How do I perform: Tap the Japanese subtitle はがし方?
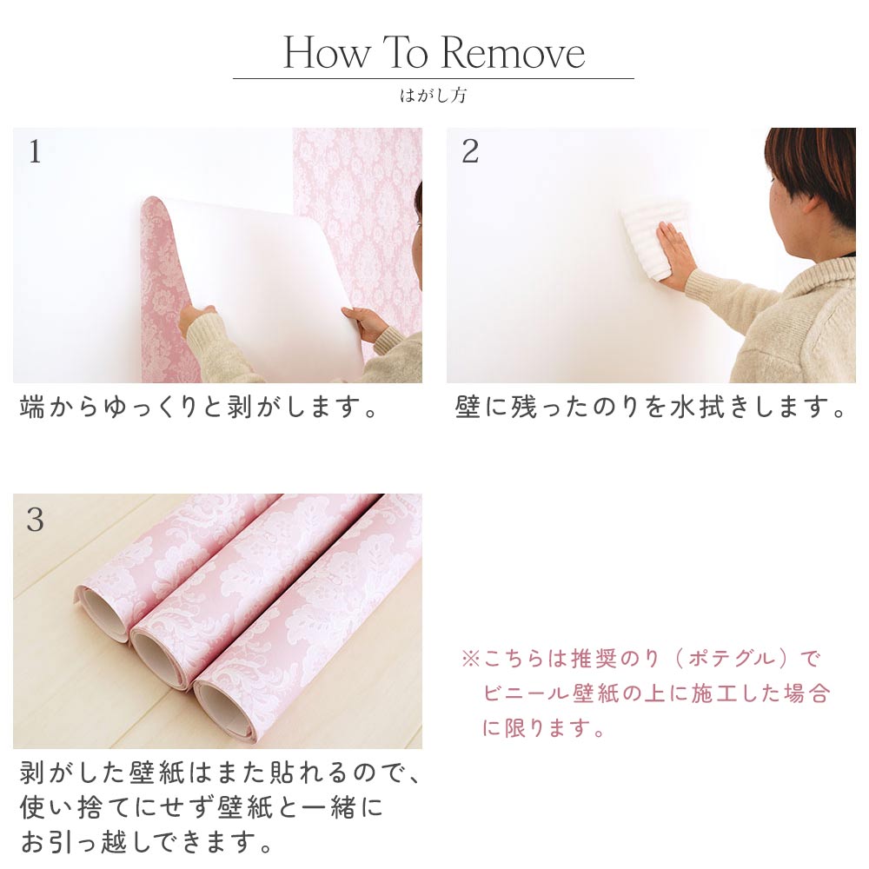(433, 96)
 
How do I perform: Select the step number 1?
(35, 152)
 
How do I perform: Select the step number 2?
(470, 152)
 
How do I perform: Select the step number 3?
(35, 520)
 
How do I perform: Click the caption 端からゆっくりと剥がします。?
(200, 408)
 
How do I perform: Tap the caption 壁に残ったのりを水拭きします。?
(650, 408)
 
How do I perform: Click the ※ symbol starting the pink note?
(470, 659)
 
